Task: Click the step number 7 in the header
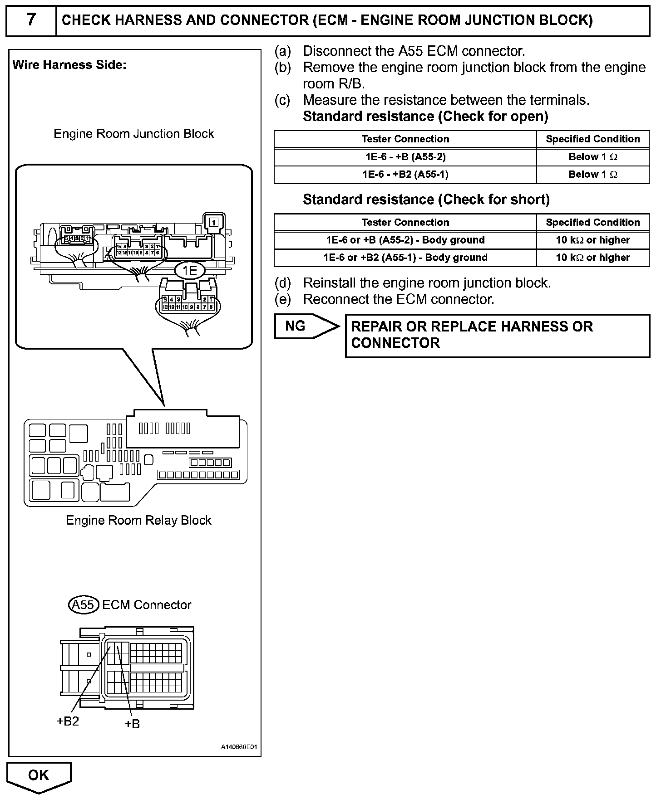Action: click(30, 20)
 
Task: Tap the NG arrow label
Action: click(296, 326)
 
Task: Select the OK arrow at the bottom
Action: click(39, 775)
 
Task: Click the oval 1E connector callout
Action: click(189, 271)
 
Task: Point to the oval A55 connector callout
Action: click(84, 605)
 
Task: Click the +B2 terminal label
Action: click(68, 721)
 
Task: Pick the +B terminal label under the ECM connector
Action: click(132, 724)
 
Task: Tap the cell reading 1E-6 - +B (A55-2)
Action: click(405, 157)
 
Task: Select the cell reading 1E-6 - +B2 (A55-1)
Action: click(405, 175)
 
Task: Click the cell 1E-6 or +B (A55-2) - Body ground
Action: click(405, 240)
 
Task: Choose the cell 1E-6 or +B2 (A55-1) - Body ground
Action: click(405, 258)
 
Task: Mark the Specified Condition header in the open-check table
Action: click(592, 139)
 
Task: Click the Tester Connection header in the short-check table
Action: click(405, 222)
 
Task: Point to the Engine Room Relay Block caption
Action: click(138, 520)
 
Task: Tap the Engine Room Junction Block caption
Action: click(134, 134)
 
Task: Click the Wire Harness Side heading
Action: click(69, 65)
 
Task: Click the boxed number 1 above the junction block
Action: click(214, 222)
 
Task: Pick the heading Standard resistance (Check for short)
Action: click(426, 200)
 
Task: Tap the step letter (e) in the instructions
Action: click(282, 299)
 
